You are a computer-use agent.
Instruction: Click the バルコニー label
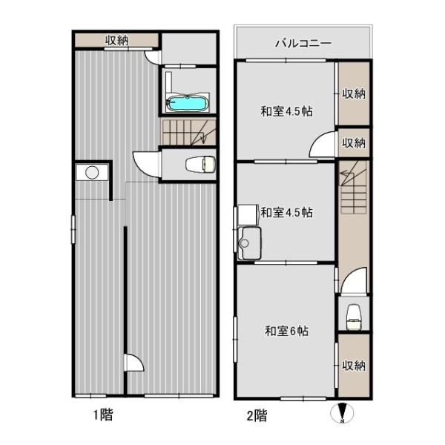[303, 43]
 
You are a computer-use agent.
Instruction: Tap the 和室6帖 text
[286, 332]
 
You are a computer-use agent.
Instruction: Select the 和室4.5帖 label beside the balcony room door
[286, 111]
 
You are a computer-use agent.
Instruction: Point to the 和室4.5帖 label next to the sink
[286, 213]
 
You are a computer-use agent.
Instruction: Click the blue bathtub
[187, 102]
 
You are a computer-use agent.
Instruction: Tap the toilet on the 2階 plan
[353, 314]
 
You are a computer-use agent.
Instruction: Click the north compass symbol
[341, 412]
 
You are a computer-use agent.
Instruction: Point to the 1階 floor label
[102, 416]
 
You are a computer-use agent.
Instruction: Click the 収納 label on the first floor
[117, 41]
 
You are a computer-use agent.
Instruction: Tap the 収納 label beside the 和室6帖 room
[354, 365]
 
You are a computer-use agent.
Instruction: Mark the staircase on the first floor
[188, 133]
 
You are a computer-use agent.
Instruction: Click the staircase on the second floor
[354, 191]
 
